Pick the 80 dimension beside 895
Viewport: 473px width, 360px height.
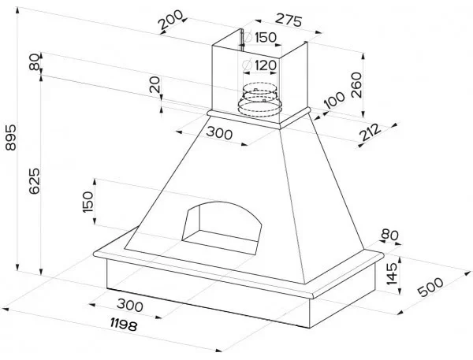click(33, 63)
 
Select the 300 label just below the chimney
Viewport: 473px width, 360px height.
click(219, 133)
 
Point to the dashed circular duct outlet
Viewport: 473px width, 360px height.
click(259, 97)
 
